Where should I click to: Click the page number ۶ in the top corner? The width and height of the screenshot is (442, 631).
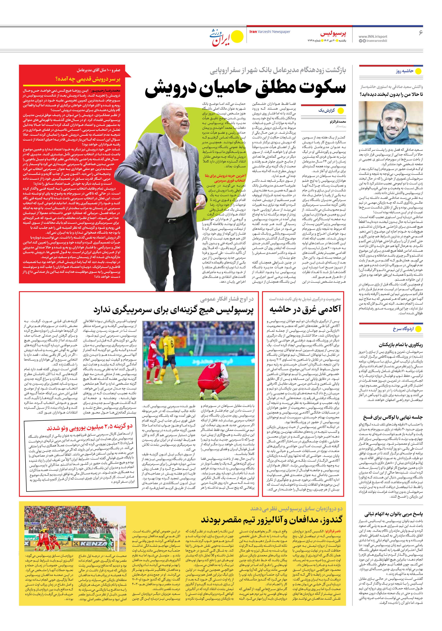click(x=420, y=33)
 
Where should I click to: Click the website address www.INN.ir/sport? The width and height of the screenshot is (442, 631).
click(x=373, y=36)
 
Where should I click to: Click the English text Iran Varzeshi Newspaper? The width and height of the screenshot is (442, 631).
click(x=270, y=32)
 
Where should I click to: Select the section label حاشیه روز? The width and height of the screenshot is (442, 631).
click(x=404, y=71)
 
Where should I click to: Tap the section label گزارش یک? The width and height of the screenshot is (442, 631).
click(x=327, y=110)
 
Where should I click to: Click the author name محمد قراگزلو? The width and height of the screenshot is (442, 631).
click(x=338, y=121)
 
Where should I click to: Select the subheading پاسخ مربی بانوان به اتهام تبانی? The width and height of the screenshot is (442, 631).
click(x=394, y=514)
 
